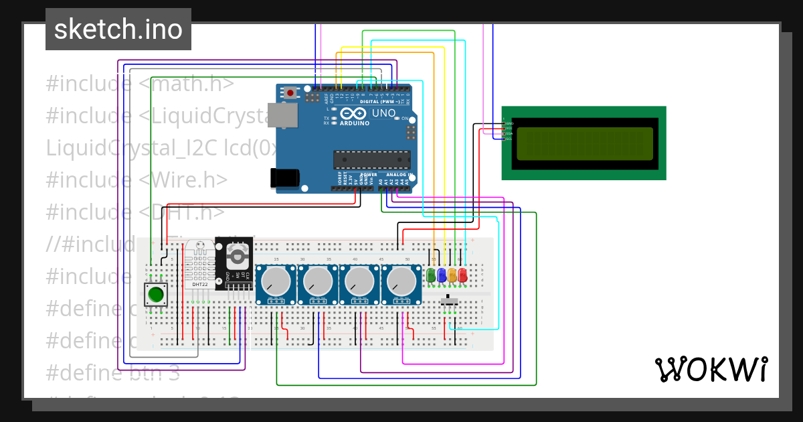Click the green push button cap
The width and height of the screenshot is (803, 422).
coord(156,293)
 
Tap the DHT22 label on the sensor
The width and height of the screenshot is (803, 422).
coord(199,284)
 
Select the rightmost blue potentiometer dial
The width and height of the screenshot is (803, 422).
coord(401,281)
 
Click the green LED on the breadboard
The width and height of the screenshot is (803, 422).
coord(431,275)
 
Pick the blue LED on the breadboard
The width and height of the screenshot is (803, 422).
coord(442,275)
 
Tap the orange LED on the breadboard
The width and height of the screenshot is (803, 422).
coord(452,275)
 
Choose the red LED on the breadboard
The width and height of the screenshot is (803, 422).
coord(462,275)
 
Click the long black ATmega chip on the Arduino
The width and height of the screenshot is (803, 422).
coord(372,159)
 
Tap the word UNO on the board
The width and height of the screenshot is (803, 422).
coord(383,113)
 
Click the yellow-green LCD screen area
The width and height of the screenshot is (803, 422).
coord(584,143)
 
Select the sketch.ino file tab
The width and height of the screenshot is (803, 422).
coord(118,29)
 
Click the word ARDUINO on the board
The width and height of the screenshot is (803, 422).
coord(355,123)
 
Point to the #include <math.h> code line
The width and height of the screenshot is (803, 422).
coord(140,84)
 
